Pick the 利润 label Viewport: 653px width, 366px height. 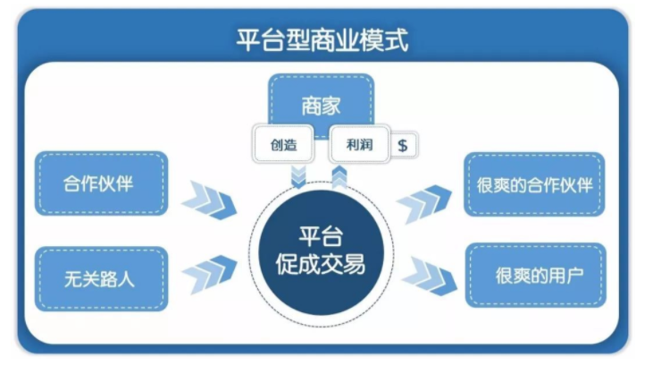tap(359, 144)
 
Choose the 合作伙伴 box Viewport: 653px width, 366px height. tap(101, 183)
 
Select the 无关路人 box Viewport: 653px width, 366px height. tap(101, 278)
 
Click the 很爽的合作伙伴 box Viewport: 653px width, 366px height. tap(535, 184)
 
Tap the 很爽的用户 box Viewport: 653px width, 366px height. tap(535, 275)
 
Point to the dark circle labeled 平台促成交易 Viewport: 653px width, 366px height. tap(325, 251)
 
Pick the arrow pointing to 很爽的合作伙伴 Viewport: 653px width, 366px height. tap(426, 203)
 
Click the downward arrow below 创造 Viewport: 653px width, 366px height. tap(297, 174)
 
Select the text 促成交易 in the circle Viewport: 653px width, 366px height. tap(325, 265)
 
